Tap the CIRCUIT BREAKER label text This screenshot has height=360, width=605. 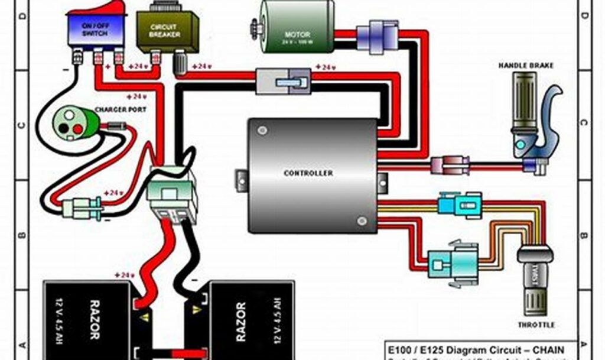[161, 31]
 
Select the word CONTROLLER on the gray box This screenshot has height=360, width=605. [308, 173]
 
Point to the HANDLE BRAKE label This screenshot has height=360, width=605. [526, 66]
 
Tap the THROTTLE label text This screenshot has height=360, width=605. [536, 325]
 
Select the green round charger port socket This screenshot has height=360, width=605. [71, 122]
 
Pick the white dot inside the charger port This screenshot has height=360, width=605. [69, 116]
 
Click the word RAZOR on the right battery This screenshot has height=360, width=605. [240, 322]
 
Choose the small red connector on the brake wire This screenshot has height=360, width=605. [450, 166]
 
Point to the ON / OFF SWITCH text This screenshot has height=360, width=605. [95, 30]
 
